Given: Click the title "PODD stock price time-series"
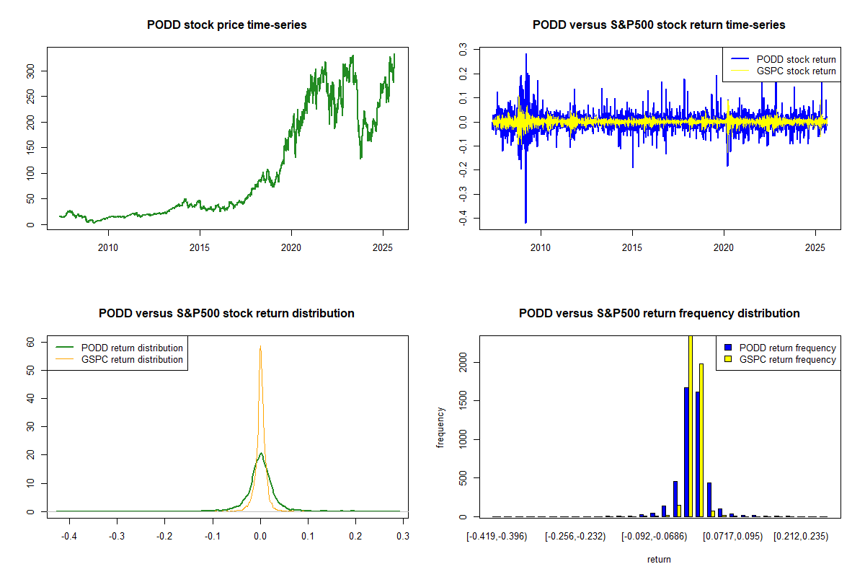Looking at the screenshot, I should [226, 25].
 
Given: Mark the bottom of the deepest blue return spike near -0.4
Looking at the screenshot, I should [525, 222].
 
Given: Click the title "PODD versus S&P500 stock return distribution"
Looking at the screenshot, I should [226, 314].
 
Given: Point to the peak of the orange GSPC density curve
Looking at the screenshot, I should [260, 347].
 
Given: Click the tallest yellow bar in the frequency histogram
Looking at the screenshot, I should [691, 426].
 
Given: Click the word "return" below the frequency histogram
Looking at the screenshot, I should [659, 559].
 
